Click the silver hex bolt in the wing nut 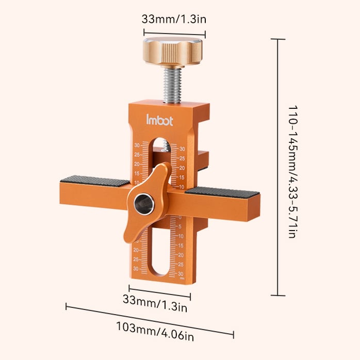click(x=142, y=205)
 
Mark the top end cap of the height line click(x=278, y=39)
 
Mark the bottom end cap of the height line click(x=278, y=296)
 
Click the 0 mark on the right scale click(x=180, y=218)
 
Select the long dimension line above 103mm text click(x=150, y=320)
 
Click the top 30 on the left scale click(x=137, y=145)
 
